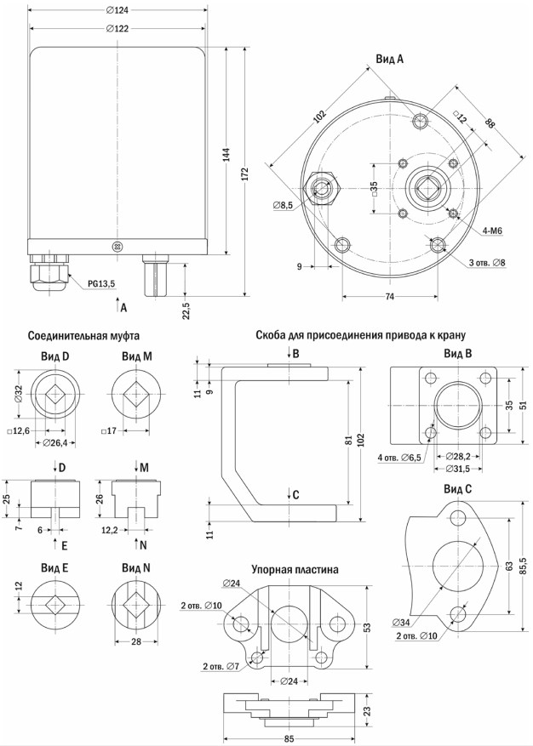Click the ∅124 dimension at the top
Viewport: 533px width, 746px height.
pos(117,9)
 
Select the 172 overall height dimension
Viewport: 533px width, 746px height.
pos(246,174)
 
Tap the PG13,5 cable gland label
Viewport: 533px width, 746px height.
pos(101,284)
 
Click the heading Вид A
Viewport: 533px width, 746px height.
pos(390,59)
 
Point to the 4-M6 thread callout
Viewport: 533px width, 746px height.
pos(492,231)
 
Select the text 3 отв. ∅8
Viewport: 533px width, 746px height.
pos(487,262)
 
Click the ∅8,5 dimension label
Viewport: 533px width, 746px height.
pos(283,205)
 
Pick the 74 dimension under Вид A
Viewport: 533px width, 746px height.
pos(390,296)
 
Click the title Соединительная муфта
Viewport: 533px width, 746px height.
pos(83,336)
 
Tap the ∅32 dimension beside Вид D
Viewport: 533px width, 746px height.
pos(19,395)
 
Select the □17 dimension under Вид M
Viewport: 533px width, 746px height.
pos(109,431)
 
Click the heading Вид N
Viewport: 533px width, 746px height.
pos(136,568)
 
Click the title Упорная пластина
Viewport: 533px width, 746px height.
pos(295,569)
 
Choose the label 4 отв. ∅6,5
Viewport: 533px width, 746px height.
pos(399,458)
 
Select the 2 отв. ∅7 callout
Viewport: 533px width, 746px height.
pos(221,667)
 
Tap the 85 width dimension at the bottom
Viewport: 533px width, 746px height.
pos(289,739)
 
